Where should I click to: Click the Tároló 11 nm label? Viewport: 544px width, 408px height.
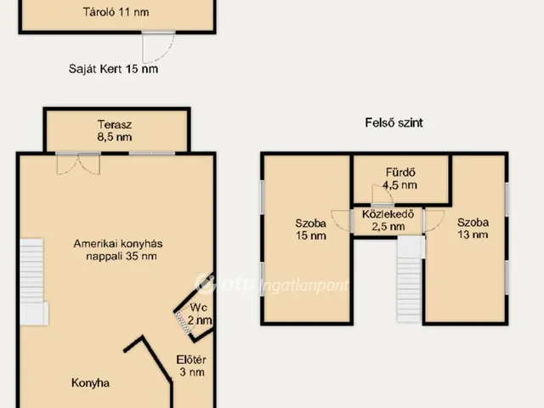pyautogui.click(x=116, y=12)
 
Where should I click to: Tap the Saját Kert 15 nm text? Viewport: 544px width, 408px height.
pyautogui.click(x=113, y=69)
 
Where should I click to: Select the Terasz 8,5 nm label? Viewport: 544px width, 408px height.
pyautogui.click(x=115, y=131)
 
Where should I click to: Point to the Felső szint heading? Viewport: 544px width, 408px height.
pyautogui.click(x=394, y=122)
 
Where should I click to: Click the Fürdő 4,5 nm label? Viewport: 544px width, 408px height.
pyautogui.click(x=400, y=178)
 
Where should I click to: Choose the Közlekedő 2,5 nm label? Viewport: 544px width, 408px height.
pyautogui.click(x=388, y=220)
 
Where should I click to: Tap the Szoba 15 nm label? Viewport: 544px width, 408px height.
pyautogui.click(x=311, y=229)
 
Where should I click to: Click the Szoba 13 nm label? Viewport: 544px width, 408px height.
pyautogui.click(x=473, y=229)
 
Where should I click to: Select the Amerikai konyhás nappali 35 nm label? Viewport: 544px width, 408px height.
pyautogui.click(x=118, y=250)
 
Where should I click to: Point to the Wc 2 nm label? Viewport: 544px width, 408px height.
pyautogui.click(x=199, y=314)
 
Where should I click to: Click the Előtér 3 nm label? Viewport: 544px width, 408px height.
pyautogui.click(x=191, y=365)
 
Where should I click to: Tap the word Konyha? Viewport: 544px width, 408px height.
pyautogui.click(x=91, y=382)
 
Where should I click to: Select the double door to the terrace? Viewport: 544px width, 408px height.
pyautogui.click(x=78, y=164)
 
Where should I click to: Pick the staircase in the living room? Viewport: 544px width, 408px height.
pyautogui.click(x=33, y=281)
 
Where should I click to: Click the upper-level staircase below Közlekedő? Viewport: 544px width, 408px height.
pyautogui.click(x=411, y=280)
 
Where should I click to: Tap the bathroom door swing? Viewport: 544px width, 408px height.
pyautogui.click(x=382, y=194)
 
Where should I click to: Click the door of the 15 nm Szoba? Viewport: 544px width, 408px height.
pyautogui.click(x=340, y=220)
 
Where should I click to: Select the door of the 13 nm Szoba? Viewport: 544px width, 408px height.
pyautogui.click(x=434, y=220)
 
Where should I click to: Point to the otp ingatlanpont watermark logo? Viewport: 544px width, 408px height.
pyautogui.click(x=271, y=284)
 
